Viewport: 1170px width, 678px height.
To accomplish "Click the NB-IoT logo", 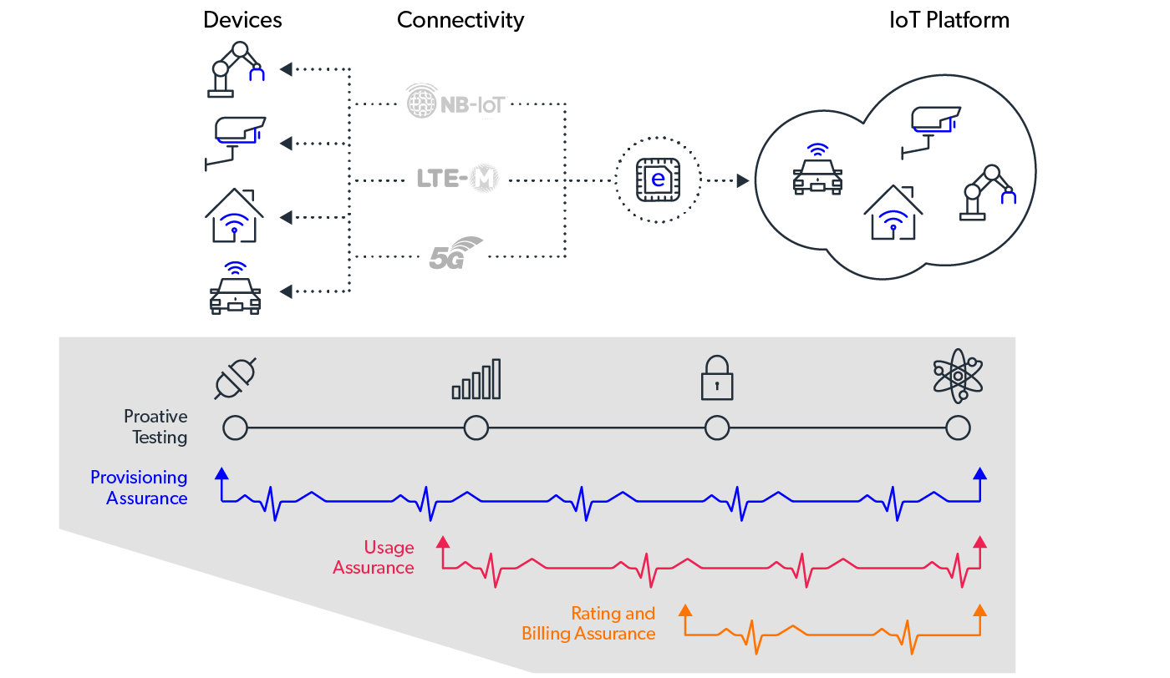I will coord(456,101).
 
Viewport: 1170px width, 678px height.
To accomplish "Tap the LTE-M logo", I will coord(455,178).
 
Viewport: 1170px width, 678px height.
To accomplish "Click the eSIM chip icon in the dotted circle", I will coord(658,180).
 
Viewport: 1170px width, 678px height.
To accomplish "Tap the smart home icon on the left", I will coord(235,215).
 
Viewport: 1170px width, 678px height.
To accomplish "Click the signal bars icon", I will coord(476,379).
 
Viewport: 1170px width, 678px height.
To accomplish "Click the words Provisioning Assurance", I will coord(139,488).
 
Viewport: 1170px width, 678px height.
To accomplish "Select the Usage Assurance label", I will coord(374,558).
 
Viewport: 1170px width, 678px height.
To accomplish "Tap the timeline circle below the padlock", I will coord(717,428).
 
